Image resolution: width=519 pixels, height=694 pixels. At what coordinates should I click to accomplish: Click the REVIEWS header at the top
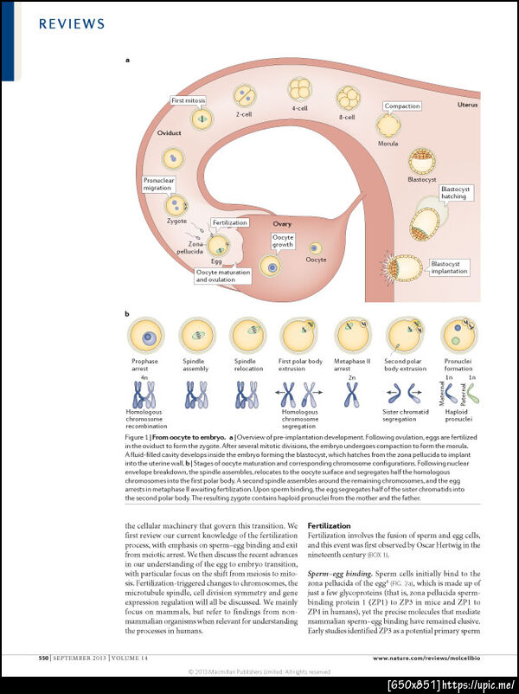pos(72,24)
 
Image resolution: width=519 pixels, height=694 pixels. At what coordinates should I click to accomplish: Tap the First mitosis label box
pos(189,100)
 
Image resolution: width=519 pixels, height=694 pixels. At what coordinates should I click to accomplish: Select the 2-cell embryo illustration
pos(245,94)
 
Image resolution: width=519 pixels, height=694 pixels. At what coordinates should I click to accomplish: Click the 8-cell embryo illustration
pos(348,97)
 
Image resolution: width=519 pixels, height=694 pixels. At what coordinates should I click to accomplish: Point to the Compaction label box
pos(402,106)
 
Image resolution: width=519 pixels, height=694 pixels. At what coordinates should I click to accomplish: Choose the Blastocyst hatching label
pos(454,192)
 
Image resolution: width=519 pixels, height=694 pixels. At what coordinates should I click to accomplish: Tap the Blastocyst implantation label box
pos(449,267)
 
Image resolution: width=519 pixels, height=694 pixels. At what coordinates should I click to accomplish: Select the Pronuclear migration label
pos(158,184)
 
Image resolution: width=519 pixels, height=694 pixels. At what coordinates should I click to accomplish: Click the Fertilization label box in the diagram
pos(229,222)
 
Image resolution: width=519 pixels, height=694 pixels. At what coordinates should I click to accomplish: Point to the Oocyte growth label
pos(283,241)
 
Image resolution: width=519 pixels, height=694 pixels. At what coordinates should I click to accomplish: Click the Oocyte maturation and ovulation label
pos(223,276)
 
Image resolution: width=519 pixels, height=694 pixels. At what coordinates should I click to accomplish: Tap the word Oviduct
pos(169,133)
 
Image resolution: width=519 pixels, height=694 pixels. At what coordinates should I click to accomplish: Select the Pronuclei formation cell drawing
pos(458,335)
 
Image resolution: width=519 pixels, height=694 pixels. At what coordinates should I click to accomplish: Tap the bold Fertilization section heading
pos(330,525)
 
